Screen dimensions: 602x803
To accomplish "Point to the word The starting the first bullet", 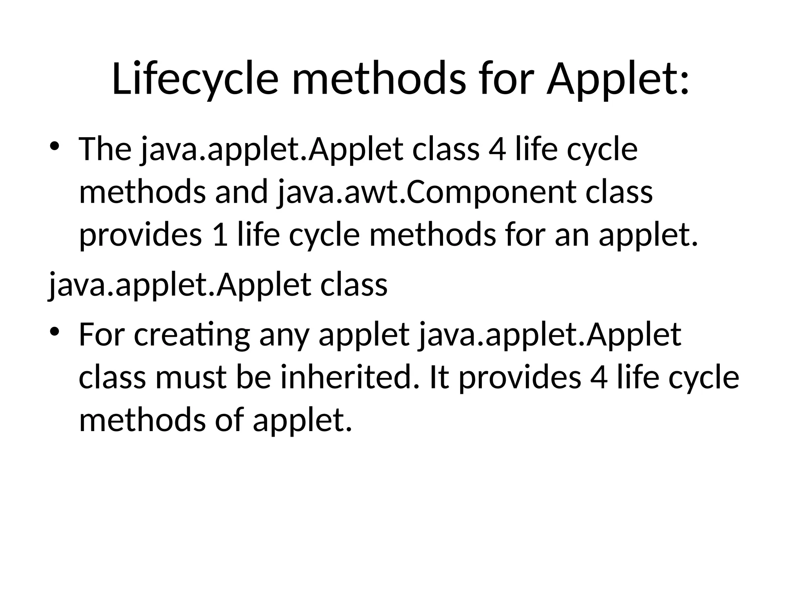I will (x=105, y=149).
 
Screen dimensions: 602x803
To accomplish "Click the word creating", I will (x=192, y=335).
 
